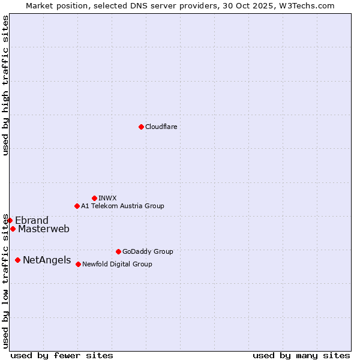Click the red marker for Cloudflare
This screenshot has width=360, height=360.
(141, 127)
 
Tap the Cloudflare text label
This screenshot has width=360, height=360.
(161, 127)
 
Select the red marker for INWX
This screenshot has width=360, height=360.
(94, 198)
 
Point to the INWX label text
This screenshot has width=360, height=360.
(107, 199)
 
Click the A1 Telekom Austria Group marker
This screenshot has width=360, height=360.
(77, 206)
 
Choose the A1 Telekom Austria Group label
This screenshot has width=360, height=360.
(122, 206)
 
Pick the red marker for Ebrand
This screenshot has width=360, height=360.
(10, 220)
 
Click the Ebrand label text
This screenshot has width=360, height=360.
(32, 220)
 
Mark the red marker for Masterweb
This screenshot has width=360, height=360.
(13, 229)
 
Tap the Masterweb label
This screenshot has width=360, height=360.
(44, 229)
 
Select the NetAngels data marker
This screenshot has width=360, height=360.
(17, 260)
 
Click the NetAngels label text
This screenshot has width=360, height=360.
(47, 260)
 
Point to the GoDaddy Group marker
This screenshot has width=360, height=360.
(118, 251)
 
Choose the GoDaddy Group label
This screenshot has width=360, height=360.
(148, 252)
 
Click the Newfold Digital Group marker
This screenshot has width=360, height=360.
(78, 264)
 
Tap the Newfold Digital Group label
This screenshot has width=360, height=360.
(117, 265)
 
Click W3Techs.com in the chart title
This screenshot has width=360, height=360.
(310, 6)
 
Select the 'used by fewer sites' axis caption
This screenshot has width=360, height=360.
(62, 355)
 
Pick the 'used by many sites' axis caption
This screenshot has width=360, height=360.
(301, 355)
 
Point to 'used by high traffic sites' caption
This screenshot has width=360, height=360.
(6, 85)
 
